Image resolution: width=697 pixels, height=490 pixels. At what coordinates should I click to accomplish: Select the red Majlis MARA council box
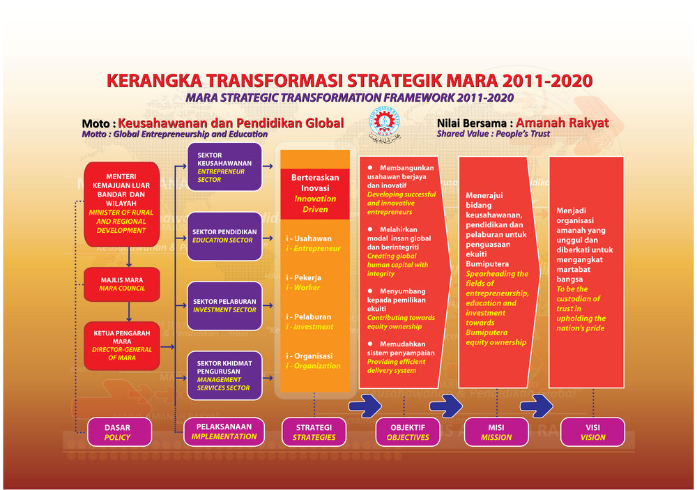tap(122, 284)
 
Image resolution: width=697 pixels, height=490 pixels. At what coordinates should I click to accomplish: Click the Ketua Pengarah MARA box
tap(122, 345)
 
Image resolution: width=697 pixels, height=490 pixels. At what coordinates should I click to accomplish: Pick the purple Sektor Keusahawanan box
tap(224, 167)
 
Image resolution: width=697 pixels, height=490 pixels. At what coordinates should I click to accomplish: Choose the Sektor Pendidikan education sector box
tap(224, 236)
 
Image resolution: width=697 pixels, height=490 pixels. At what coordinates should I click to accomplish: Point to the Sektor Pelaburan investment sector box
tap(224, 305)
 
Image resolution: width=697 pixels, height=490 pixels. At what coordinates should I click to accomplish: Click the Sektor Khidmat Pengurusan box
tap(224, 375)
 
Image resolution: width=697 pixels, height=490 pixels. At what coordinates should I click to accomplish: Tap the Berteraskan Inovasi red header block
tap(315, 188)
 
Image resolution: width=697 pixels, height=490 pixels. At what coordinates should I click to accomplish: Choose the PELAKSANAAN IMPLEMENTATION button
tap(224, 431)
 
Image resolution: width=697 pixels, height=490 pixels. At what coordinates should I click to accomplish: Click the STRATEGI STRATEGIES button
tap(314, 432)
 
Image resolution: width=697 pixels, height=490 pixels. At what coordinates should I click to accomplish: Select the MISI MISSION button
tap(496, 432)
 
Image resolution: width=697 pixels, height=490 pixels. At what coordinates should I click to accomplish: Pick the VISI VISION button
tap(592, 432)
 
